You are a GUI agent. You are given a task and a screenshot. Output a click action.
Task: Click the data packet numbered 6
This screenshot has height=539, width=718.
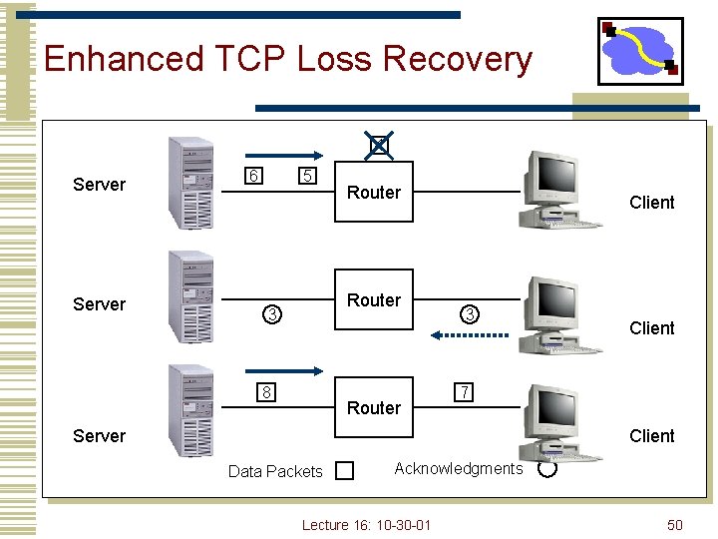pos(255,177)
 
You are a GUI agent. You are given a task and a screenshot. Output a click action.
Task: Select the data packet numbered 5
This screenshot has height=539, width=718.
pos(309,177)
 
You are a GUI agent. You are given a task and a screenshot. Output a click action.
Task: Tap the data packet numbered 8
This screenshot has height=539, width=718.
pos(267,391)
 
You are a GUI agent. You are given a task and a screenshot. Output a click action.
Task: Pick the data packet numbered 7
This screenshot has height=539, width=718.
pos(463,389)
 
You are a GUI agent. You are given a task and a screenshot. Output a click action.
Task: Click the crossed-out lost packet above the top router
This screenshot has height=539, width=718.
pos(378,147)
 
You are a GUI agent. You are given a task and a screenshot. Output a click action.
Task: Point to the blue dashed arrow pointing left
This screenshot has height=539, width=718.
pos(470,335)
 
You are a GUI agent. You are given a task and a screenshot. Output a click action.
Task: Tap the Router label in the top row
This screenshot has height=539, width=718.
pos(374,193)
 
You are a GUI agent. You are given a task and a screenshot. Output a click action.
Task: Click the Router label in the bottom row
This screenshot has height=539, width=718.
pos(374,407)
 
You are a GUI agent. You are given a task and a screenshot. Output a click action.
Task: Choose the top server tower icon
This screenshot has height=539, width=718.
pos(190,183)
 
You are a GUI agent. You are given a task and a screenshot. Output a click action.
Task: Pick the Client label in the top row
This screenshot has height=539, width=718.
pos(652,203)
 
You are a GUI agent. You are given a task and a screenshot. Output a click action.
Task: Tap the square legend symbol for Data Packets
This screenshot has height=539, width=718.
pos(344,470)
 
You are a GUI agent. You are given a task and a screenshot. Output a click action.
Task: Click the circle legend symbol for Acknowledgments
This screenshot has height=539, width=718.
pos(546,467)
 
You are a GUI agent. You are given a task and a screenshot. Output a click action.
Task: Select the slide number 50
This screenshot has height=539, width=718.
pos(675,525)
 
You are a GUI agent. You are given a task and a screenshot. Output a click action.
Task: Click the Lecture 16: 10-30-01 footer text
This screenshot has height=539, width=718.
pos(366,525)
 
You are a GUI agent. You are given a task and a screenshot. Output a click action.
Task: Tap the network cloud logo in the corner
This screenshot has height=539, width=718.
pos(639,51)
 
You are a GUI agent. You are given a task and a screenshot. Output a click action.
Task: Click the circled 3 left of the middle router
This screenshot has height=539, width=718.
pos(270,315)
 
